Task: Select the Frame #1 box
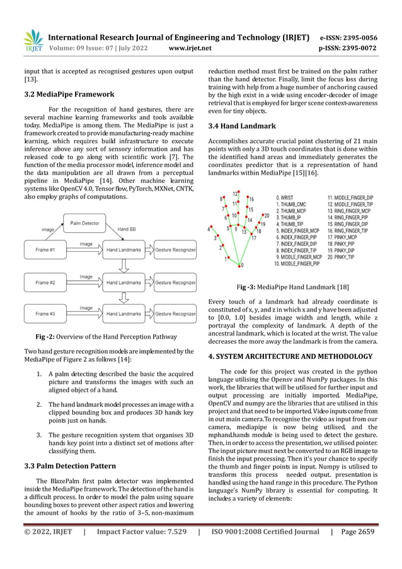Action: click(x=45, y=250)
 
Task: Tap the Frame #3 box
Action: click(x=45, y=314)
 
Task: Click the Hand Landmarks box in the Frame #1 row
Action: click(x=123, y=250)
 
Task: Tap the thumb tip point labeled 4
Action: click(x=210, y=229)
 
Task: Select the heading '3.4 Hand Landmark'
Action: click(x=242, y=126)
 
